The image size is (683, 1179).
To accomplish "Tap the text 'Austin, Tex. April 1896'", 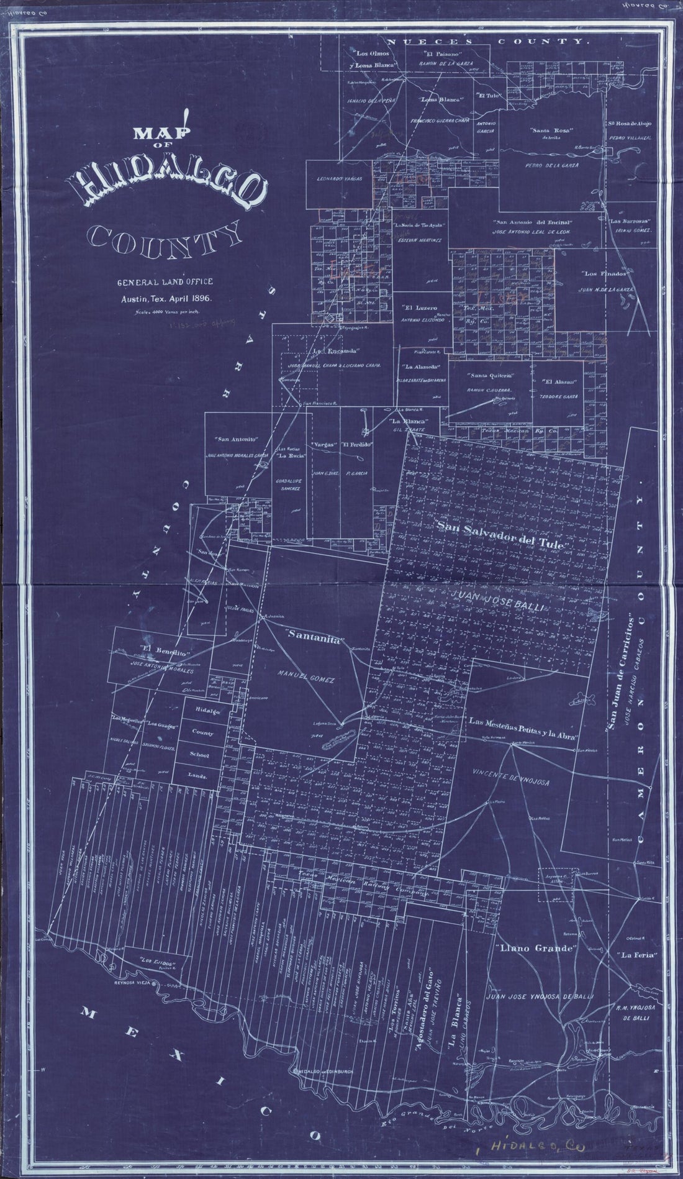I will pyautogui.click(x=166, y=298).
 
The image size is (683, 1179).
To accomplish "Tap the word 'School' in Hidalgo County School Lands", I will pyautogui.click(x=198, y=755).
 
